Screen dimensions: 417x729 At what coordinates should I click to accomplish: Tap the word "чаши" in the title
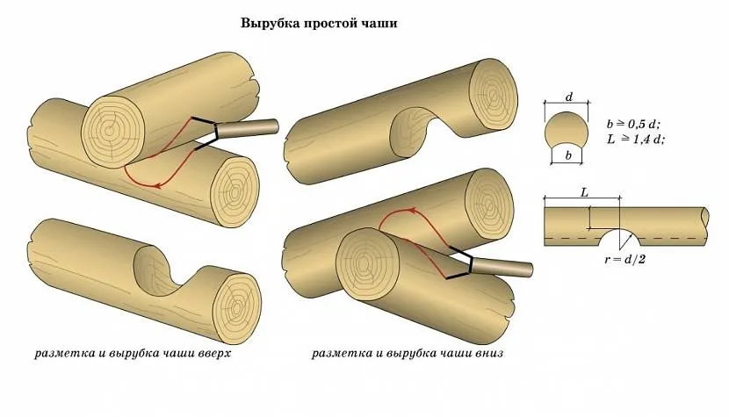380,24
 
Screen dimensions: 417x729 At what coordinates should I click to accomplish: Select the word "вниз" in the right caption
486,355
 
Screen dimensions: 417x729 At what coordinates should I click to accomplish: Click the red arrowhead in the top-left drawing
157,184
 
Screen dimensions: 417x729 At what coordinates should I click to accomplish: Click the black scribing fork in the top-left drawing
204,133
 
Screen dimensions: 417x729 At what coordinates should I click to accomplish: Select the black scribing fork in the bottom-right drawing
464,265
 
